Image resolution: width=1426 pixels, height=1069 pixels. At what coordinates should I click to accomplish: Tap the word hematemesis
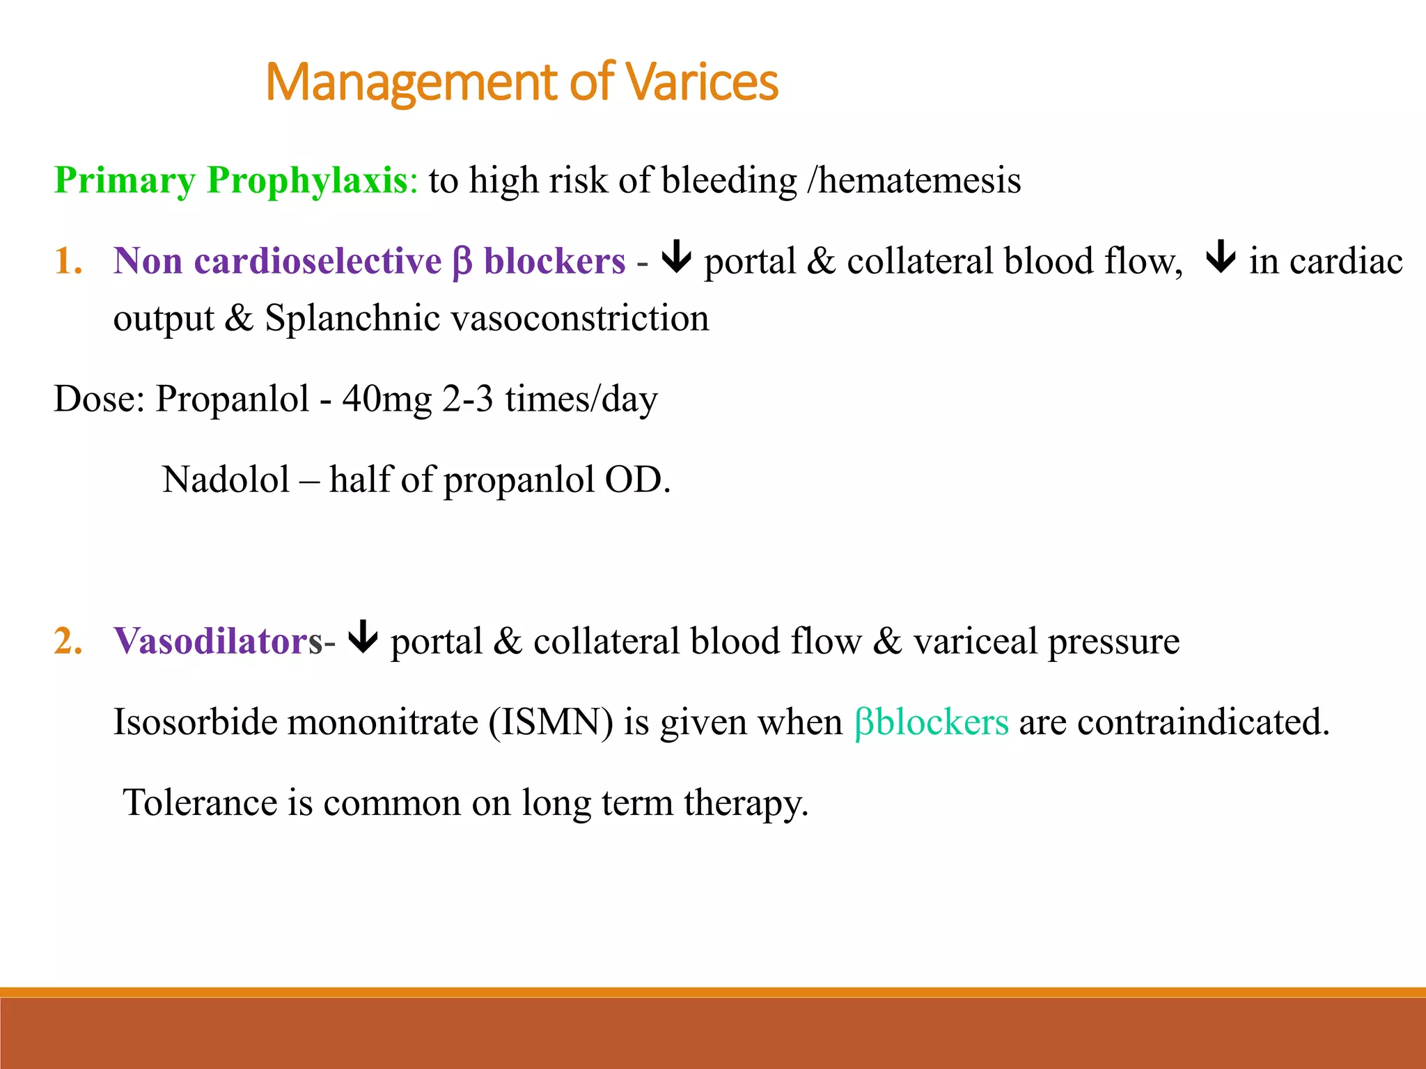point(919,180)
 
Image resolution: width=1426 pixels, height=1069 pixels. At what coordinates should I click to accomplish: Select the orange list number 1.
point(68,262)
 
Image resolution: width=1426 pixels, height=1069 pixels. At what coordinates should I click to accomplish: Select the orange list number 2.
point(68,641)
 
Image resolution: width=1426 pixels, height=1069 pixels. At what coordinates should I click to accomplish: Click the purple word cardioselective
point(318,262)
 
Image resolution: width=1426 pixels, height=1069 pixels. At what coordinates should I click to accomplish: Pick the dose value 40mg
point(386,399)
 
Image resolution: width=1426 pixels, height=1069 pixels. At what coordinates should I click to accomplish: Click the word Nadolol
point(226,480)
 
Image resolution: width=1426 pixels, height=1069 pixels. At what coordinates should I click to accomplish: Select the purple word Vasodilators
point(218,641)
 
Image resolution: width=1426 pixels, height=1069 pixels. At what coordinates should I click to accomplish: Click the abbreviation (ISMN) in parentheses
point(551,722)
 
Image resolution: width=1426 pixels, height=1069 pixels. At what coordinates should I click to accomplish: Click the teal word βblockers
point(931,722)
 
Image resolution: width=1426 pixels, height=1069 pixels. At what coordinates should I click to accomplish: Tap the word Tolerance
point(200,802)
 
